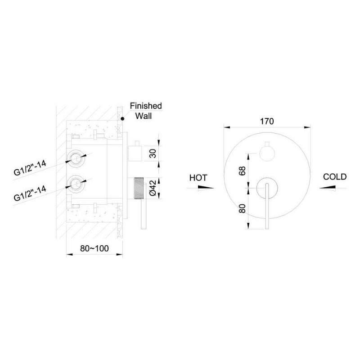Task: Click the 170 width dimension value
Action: [267, 121]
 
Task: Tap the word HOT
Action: [198, 178]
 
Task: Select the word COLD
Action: [335, 177]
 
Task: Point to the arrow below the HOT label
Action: [206, 188]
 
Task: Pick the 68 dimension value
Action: [243, 171]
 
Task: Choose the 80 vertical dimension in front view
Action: [243, 208]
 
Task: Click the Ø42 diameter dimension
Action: [153, 188]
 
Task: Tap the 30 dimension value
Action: [153, 153]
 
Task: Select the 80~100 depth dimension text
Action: [94, 248]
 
